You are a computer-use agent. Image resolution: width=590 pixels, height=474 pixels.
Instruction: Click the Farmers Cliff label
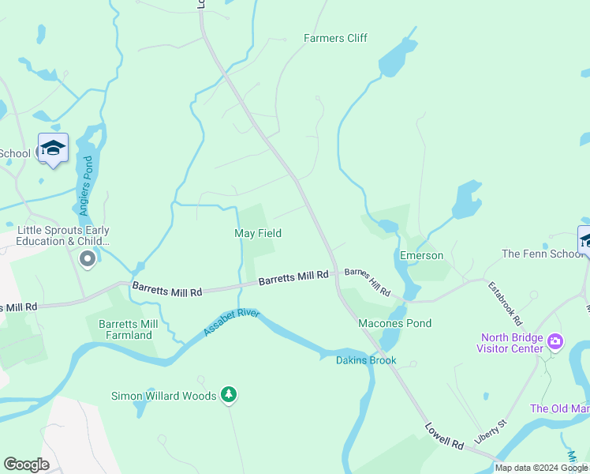336,38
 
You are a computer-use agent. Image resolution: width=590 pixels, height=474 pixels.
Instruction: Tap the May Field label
258,233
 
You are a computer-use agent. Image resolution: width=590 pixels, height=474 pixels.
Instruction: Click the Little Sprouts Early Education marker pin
87,258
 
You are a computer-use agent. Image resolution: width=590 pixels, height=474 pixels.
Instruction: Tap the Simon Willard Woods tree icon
229,393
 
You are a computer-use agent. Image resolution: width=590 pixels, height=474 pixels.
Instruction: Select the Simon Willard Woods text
163,396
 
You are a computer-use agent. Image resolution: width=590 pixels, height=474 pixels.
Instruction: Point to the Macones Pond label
394,324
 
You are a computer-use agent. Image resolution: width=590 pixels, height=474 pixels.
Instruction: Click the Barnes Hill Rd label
368,282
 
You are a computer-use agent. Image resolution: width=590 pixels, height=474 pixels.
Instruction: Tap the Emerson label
421,256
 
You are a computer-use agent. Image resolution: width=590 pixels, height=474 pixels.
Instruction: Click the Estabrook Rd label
505,304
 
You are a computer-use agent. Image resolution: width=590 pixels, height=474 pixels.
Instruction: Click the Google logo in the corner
26,465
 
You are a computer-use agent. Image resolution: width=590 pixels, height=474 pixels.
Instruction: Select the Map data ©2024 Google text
541,468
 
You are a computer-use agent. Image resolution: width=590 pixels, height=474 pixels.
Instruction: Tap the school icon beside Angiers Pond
53,148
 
